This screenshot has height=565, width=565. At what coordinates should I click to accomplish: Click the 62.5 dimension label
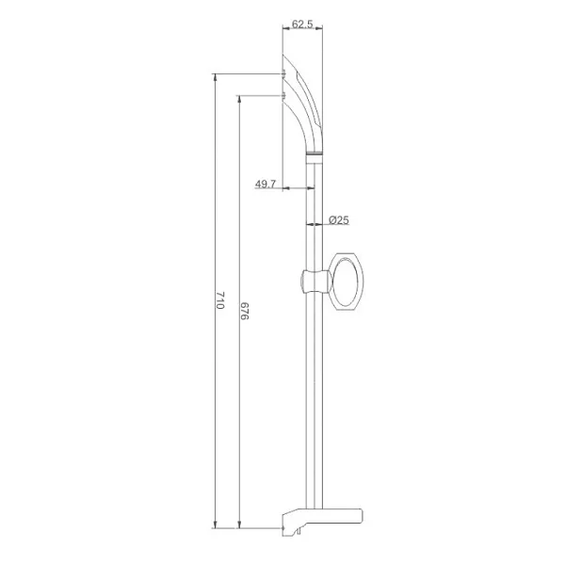tap(302, 24)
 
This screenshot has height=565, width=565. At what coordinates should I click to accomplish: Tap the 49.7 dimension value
tap(266, 185)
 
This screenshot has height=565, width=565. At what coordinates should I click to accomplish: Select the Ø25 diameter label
tap(339, 219)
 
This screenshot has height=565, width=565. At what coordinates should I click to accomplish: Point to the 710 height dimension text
tap(220, 300)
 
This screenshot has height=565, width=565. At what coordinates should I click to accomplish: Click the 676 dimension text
tap(244, 311)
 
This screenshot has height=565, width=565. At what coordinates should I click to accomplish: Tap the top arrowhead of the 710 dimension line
tap(215, 77)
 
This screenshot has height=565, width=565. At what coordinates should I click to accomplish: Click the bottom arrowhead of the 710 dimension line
tap(215, 525)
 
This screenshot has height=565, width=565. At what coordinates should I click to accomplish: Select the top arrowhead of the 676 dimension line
tap(239, 99)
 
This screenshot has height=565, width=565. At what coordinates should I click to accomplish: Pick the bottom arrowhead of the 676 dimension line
tap(239, 525)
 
